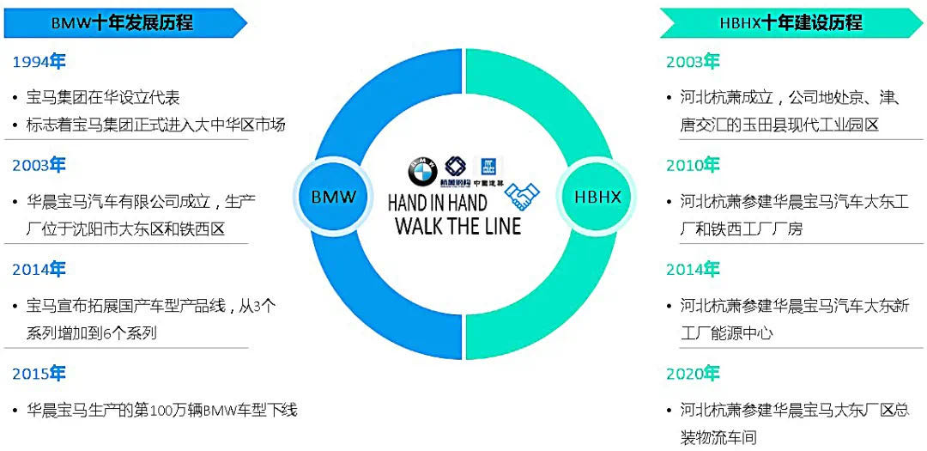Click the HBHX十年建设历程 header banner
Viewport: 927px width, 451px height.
(790, 23)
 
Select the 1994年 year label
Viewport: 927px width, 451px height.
(39, 62)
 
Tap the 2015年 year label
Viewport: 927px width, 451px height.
(39, 374)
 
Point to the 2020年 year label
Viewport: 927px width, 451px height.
(693, 374)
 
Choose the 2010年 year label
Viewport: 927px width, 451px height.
(693, 165)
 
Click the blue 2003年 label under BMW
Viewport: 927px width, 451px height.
(39, 165)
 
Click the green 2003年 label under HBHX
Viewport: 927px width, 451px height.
(693, 62)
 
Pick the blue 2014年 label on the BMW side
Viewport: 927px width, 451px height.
(39, 270)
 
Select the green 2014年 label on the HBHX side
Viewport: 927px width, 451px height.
(693, 270)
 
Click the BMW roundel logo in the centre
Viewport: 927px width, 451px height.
(422, 172)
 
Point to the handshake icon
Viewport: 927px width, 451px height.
(521, 197)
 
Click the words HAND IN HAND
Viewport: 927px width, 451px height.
(437, 204)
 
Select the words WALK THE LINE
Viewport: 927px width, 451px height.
(457, 226)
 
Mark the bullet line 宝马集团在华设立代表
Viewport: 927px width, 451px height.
(103, 98)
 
